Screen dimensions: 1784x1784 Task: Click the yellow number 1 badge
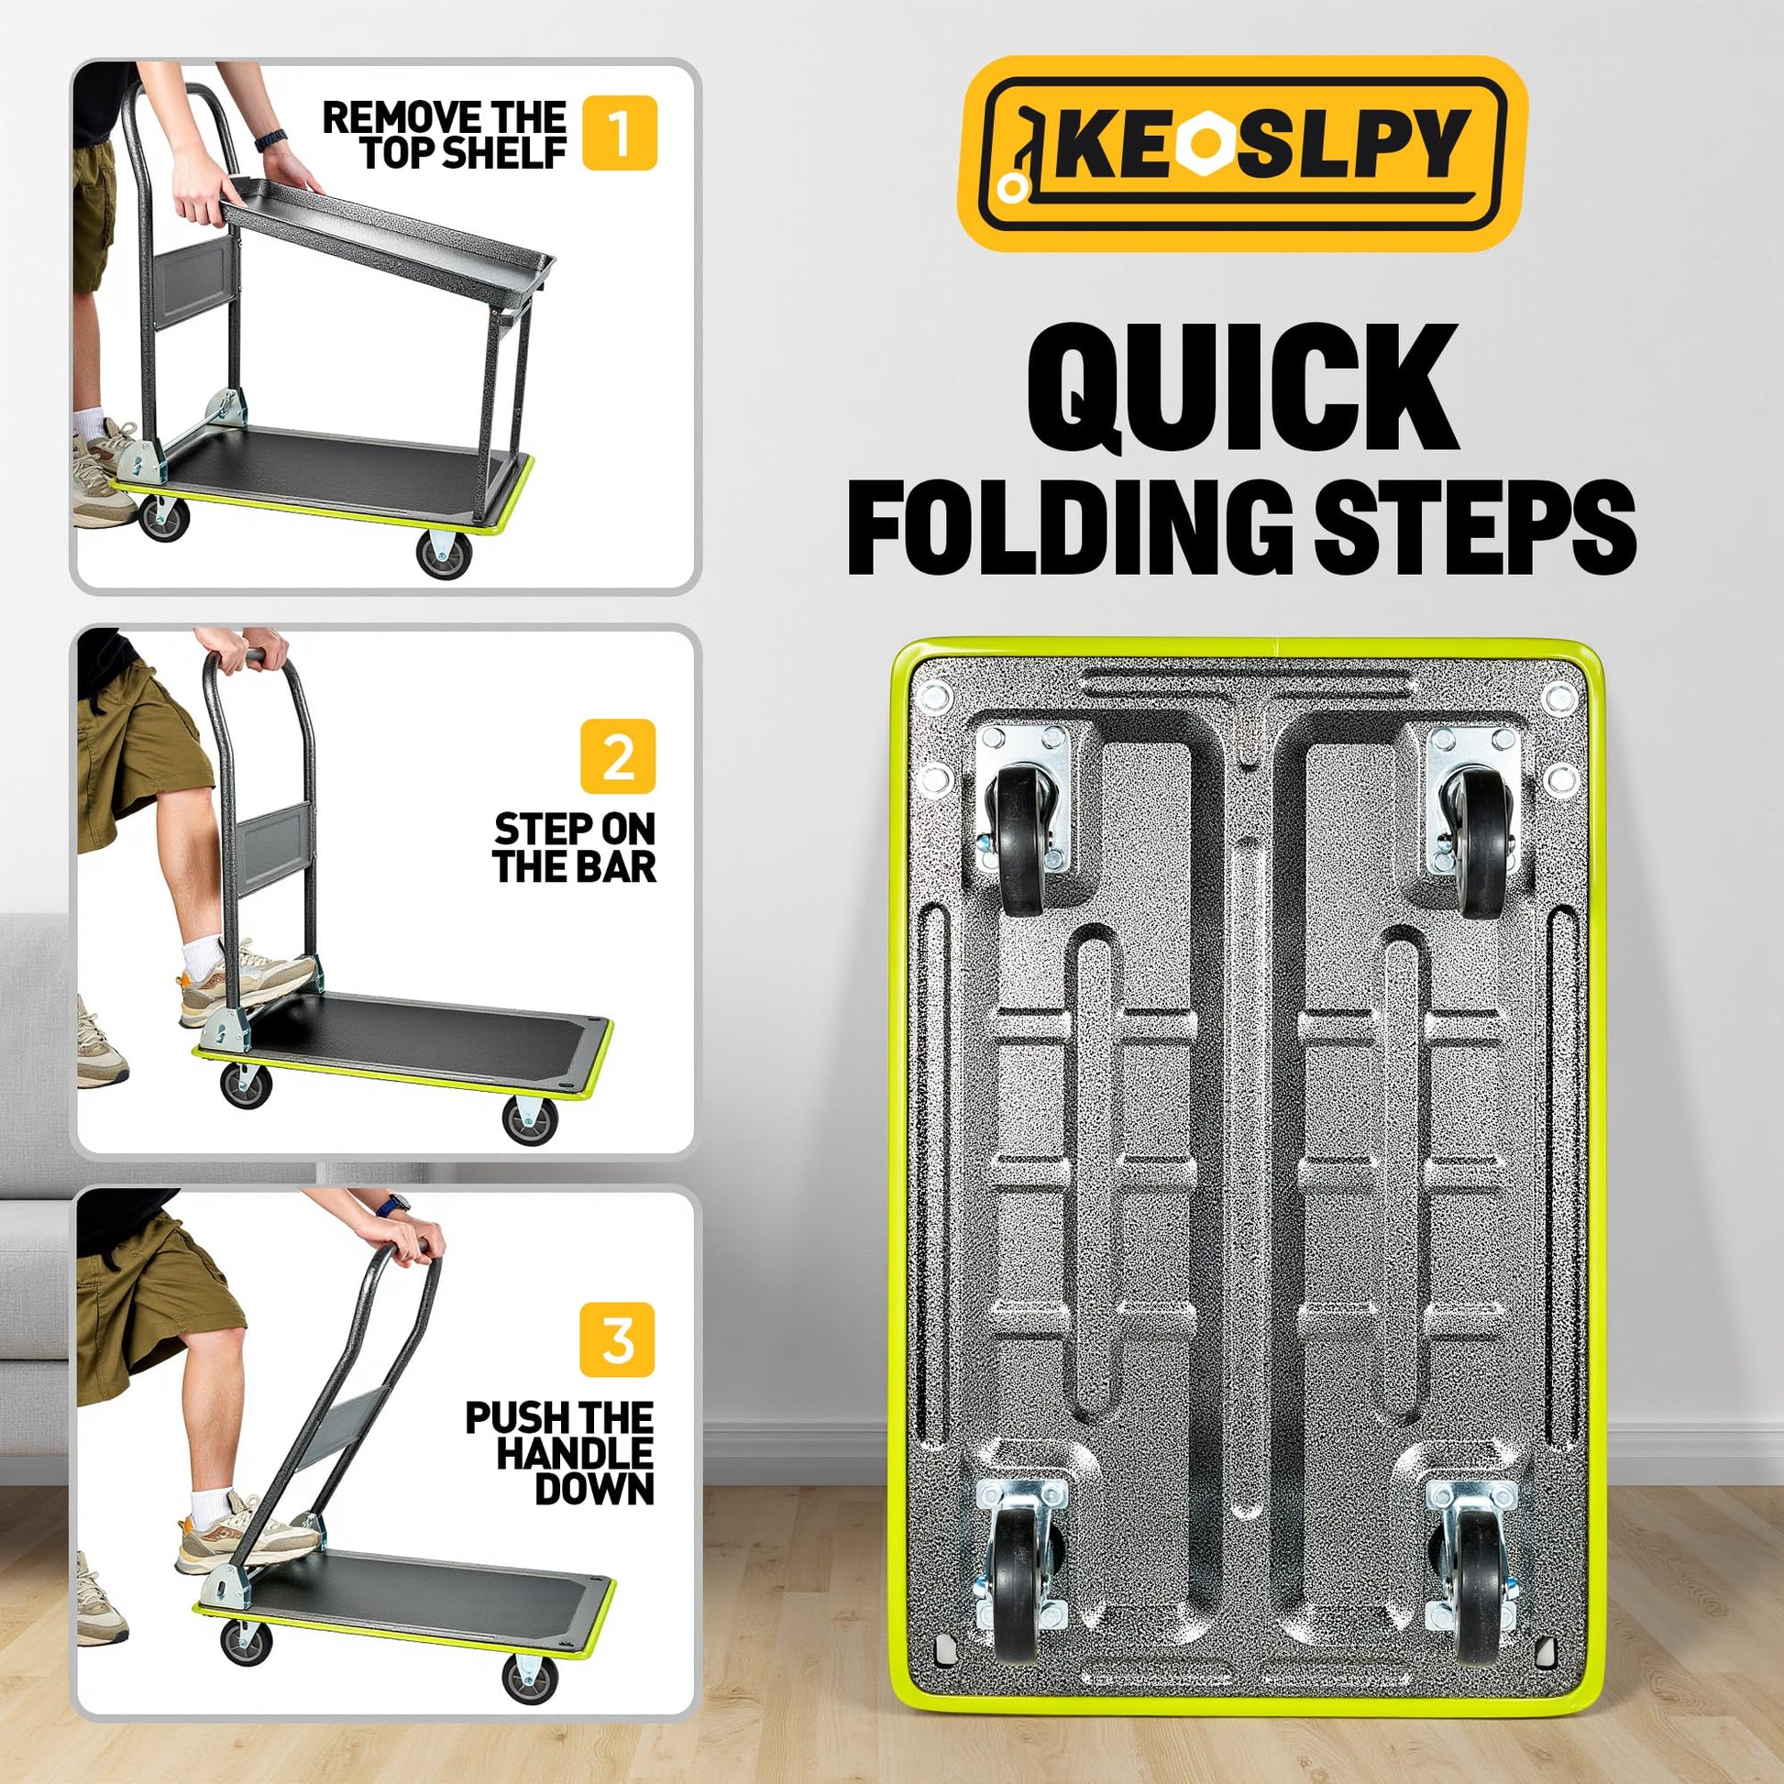(x=620, y=133)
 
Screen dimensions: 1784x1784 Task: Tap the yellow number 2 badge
(x=618, y=756)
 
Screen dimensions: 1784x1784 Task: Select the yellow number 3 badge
(x=617, y=1340)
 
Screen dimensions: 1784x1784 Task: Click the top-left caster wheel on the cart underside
(x=1018, y=843)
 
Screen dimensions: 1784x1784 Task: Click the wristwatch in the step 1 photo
(x=270, y=139)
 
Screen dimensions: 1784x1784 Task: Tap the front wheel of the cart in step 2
(x=530, y=1121)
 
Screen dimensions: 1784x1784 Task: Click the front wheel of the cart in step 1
(x=443, y=554)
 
